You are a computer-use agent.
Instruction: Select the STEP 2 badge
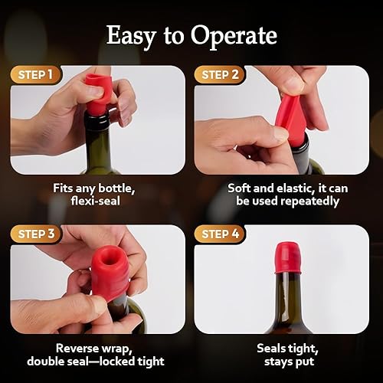click(219, 75)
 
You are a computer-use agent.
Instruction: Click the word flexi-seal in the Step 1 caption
click(97, 201)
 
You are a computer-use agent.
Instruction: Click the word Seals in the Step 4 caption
click(273, 346)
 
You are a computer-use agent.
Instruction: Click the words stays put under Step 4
click(283, 360)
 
